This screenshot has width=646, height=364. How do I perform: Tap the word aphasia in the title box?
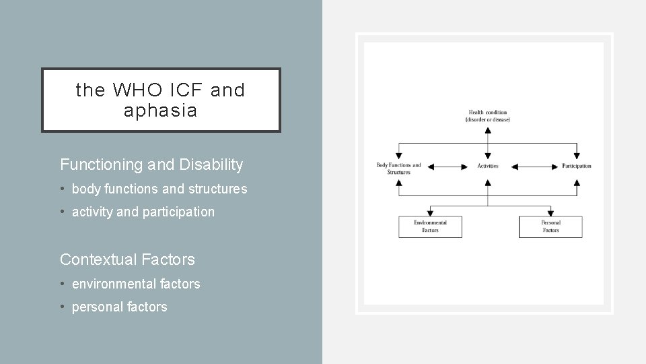[x=160, y=111]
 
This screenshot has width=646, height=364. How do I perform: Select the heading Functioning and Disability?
[x=151, y=164]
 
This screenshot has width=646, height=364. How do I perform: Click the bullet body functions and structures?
[x=159, y=189]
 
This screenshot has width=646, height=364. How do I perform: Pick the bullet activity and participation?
[x=143, y=212]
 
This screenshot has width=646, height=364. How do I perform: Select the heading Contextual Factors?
[x=127, y=259]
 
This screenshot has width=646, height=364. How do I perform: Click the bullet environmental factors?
[x=136, y=284]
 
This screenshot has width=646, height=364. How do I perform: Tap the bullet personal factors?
[x=119, y=307]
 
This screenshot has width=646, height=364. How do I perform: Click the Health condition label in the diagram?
[x=487, y=115]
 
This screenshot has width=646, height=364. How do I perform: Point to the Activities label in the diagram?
[x=487, y=166]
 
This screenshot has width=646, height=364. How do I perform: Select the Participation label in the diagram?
[x=576, y=166]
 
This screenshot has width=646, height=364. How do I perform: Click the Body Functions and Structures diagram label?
[x=398, y=169]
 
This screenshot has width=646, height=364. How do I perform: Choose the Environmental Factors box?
[x=430, y=226]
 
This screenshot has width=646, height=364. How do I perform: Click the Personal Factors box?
[x=550, y=226]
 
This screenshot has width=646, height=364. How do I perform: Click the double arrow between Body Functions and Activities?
[x=447, y=166]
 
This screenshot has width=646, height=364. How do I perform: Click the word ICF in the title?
[x=179, y=90]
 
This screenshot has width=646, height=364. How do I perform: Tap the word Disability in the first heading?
[x=215, y=164]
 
